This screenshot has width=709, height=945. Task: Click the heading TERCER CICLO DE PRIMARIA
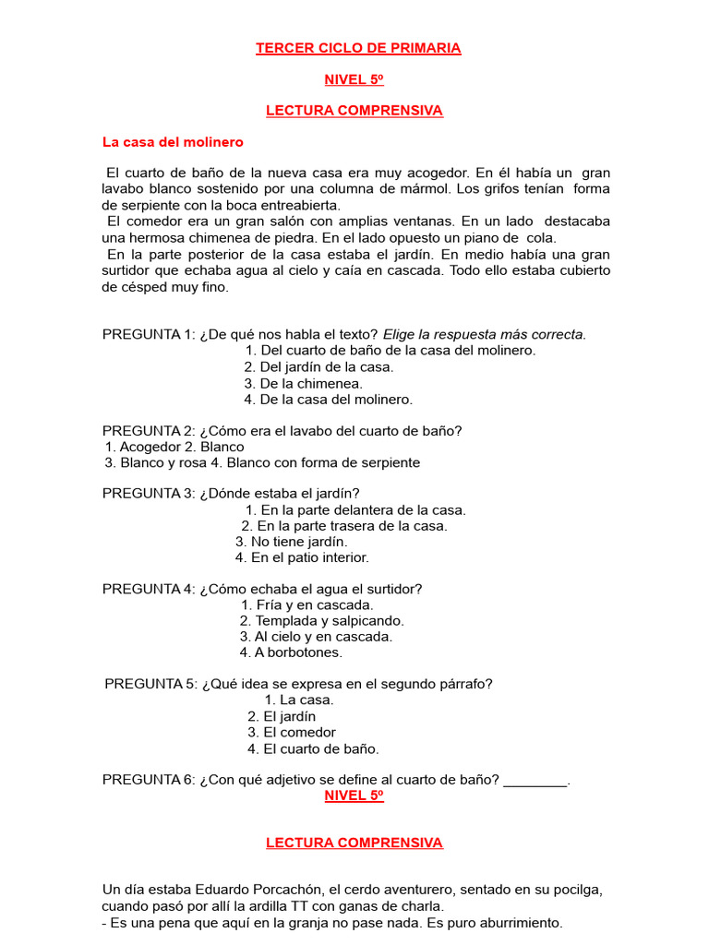358,48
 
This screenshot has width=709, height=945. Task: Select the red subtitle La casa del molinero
173,142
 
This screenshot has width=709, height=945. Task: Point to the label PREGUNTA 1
148,334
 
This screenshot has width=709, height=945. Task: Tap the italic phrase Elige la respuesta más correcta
485,334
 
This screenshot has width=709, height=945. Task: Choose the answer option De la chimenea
304,383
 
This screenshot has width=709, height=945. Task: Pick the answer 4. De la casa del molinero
329,399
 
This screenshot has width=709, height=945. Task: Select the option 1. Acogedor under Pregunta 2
141,447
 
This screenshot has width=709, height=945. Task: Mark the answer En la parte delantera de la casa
355,509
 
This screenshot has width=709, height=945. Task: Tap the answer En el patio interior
302,557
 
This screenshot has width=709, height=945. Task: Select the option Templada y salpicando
322,621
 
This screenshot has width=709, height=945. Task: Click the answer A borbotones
291,652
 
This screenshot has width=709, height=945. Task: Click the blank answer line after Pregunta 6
535,781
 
